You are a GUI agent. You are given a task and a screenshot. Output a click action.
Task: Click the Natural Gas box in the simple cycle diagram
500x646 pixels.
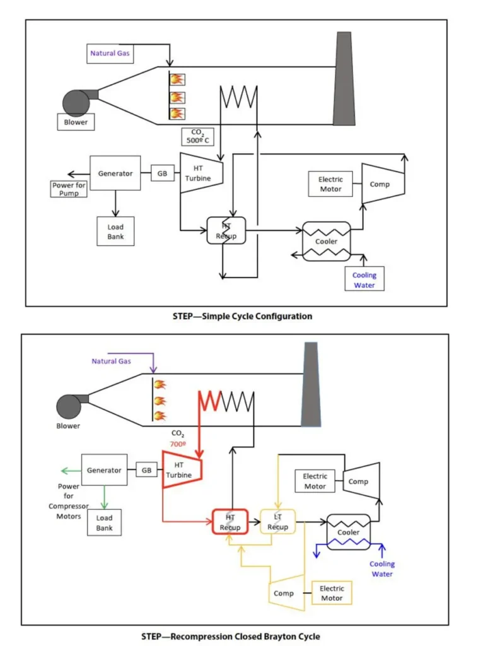(110, 54)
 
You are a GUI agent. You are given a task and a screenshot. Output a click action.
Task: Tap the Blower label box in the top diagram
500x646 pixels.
(76, 122)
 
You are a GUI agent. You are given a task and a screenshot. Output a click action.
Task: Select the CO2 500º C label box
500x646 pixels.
(198, 136)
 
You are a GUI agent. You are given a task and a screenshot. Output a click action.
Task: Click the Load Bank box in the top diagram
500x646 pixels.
(115, 232)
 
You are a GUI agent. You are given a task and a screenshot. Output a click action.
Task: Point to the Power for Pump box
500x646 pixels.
(69, 189)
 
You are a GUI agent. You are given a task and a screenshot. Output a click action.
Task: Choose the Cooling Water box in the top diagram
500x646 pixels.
(364, 279)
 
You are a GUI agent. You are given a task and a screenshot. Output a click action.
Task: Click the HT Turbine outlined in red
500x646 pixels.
(182, 469)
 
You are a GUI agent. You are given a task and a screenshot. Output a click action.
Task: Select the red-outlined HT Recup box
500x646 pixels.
(230, 522)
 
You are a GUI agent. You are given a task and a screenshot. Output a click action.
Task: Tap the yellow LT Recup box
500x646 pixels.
(277, 522)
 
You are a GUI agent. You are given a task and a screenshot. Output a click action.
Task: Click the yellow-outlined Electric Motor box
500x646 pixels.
(332, 593)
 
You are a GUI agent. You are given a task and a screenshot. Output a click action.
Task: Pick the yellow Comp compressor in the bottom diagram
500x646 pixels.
(287, 592)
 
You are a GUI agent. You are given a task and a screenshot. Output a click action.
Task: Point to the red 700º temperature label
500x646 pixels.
(178, 444)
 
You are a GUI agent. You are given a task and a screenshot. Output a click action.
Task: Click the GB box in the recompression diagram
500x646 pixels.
(147, 470)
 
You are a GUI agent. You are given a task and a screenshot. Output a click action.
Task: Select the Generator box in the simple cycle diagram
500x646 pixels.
(115, 173)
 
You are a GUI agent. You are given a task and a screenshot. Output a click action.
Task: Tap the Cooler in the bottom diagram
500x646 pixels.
(349, 532)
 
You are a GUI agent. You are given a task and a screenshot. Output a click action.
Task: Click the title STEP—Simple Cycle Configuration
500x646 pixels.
(242, 317)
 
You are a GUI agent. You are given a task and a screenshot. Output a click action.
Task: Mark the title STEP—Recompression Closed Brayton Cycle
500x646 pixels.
(231, 637)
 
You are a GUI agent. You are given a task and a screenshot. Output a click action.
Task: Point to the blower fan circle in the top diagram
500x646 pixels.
(76, 103)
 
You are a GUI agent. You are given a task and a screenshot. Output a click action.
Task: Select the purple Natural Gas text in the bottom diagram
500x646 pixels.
(111, 361)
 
